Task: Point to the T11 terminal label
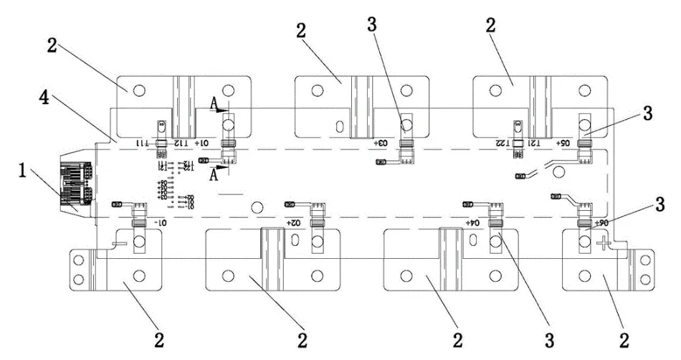click(x=146, y=143)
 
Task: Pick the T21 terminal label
click(x=533, y=143)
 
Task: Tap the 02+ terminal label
click(x=293, y=223)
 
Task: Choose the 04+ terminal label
click(x=471, y=223)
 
